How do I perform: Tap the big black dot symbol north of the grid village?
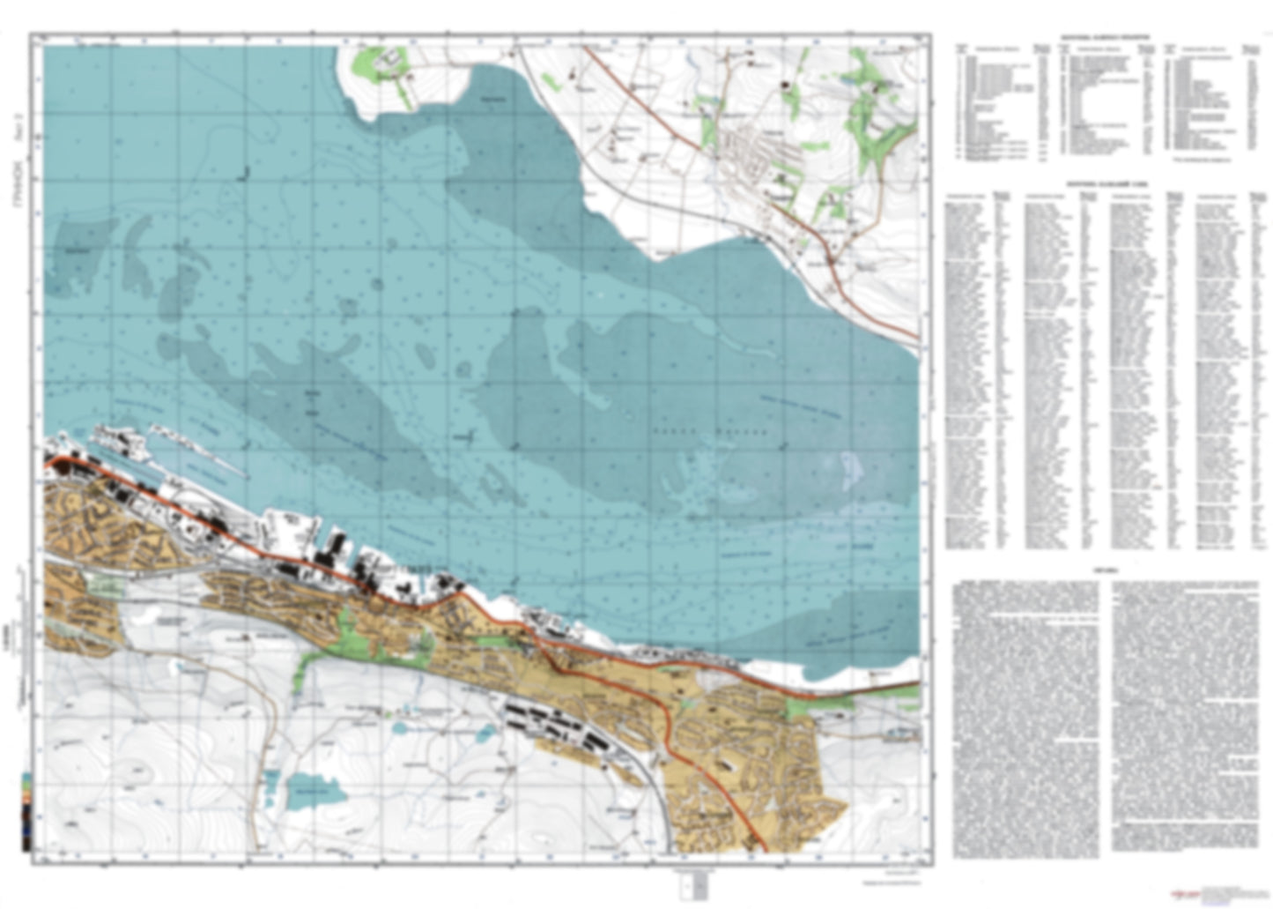pyautogui.click(x=783, y=86)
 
